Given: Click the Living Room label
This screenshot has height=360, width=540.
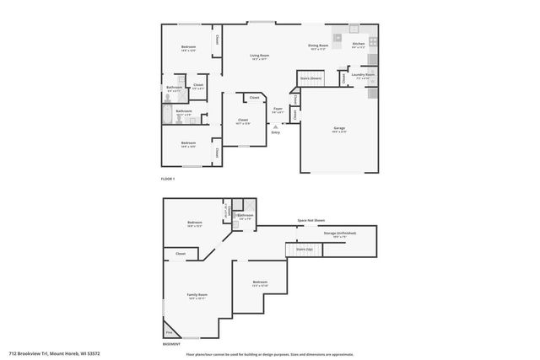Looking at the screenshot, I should [x=258, y=56].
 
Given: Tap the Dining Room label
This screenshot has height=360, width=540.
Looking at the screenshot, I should [x=317, y=46].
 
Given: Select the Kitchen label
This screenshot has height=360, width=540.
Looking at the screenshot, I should [x=359, y=43].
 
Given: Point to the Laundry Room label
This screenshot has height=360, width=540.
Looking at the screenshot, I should [x=363, y=74].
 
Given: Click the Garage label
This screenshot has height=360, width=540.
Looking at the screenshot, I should [x=338, y=128].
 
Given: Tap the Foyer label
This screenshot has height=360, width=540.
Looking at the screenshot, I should [x=278, y=109].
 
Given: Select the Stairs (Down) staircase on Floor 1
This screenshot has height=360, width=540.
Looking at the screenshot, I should [x=310, y=78].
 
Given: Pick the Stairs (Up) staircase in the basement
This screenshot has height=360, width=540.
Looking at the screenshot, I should [x=305, y=250].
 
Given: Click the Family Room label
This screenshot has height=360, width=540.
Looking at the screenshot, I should [x=197, y=294].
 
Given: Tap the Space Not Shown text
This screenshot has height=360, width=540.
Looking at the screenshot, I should [x=311, y=220].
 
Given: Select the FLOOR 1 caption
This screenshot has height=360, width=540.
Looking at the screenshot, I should [x=168, y=179].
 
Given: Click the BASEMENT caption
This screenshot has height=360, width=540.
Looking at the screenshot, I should [x=171, y=344].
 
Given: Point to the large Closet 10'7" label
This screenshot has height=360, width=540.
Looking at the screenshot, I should [x=243, y=120].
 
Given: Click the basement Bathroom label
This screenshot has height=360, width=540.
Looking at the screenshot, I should [x=246, y=216].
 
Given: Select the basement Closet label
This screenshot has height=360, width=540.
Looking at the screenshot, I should [x=181, y=253].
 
